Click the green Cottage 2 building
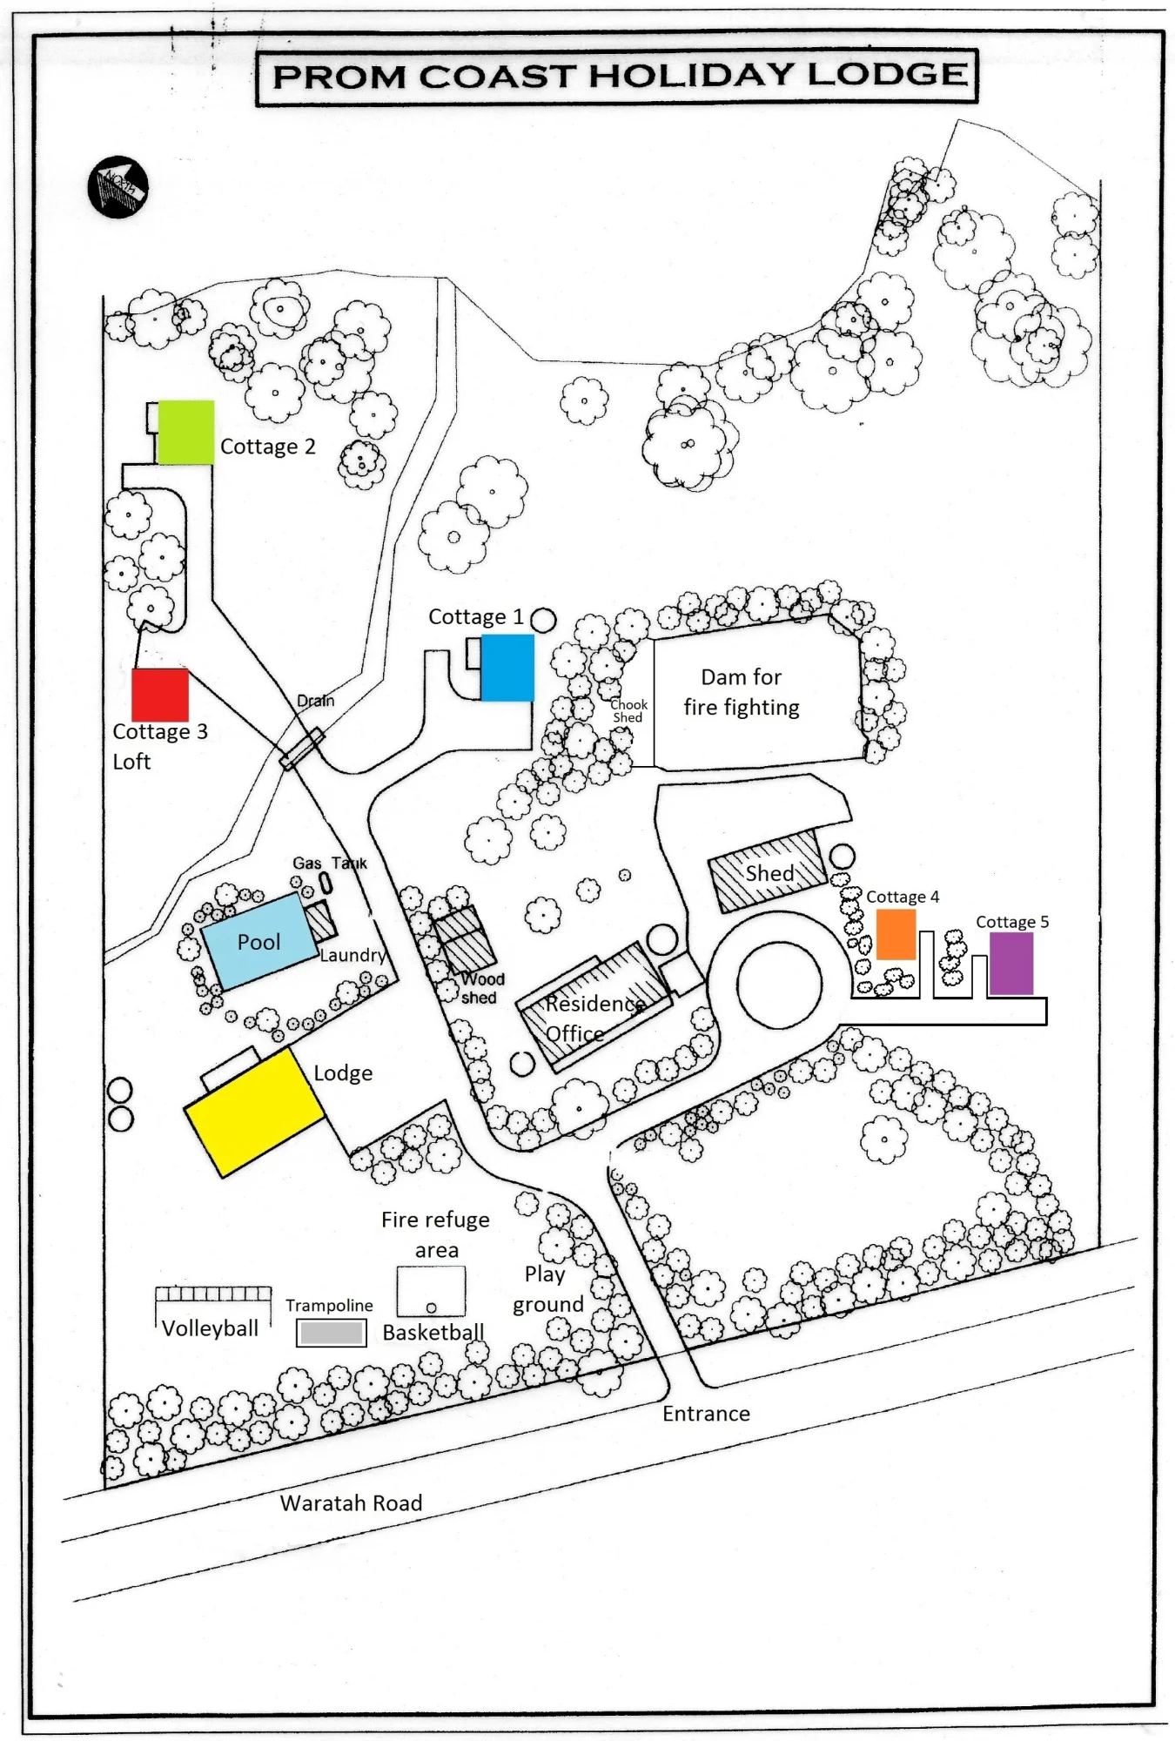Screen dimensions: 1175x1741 click(185, 432)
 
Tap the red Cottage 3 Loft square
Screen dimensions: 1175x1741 click(160, 695)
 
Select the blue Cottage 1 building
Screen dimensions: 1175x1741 click(507, 668)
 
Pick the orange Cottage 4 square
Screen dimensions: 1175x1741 click(896, 934)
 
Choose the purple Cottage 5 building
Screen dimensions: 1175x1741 click(1011, 964)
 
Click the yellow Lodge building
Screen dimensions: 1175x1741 click(254, 1112)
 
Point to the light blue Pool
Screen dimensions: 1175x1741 click(259, 942)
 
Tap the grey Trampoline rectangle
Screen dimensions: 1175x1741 click(331, 1333)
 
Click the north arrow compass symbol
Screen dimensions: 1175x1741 click(118, 187)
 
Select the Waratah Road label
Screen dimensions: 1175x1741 click(351, 1502)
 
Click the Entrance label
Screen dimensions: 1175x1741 click(706, 1414)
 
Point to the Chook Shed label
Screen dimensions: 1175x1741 click(628, 710)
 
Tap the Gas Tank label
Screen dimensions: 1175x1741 click(330, 863)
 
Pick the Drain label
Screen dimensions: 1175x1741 click(315, 701)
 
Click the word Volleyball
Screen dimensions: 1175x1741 click(210, 1328)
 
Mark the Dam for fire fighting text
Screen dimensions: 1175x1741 click(742, 692)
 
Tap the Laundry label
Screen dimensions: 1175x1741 click(352, 956)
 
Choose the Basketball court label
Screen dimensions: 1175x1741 click(433, 1332)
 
